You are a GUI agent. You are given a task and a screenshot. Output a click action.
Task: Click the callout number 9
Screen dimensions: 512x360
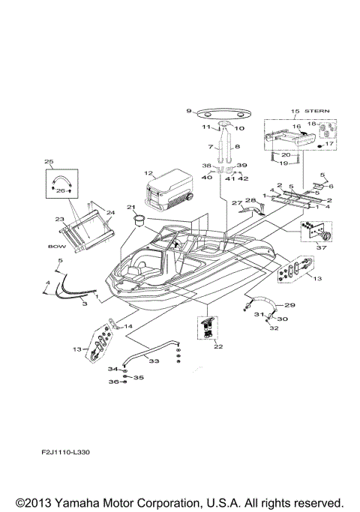click(x=189, y=112)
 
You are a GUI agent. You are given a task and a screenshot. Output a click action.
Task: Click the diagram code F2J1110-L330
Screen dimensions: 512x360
click(x=66, y=454)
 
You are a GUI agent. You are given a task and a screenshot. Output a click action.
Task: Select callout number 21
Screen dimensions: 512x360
click(x=130, y=207)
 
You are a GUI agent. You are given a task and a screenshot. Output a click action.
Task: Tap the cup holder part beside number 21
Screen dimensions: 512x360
click(x=139, y=220)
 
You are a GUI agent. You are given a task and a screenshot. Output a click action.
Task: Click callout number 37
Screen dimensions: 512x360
click(x=323, y=249)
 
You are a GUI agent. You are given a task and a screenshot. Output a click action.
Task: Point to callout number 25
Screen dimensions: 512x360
click(x=49, y=162)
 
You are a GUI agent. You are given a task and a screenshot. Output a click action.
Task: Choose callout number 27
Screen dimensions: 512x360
click(x=234, y=203)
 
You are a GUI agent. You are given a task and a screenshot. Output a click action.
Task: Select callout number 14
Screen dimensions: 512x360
click(x=127, y=327)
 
